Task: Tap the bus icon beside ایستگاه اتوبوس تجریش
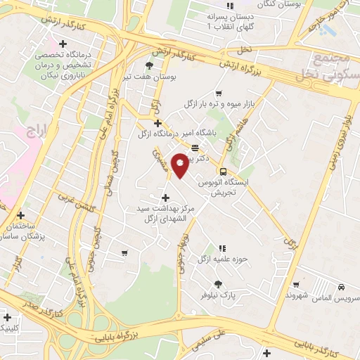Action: pos(223,172)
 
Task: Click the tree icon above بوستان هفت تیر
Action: pos(148,65)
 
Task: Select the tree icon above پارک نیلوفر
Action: pos(219,285)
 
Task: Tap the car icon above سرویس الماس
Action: pos(340,288)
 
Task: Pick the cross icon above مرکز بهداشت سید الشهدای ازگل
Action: pos(165,198)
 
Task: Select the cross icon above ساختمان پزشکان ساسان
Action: pos(21,215)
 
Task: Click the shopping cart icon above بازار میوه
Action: pos(219,93)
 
